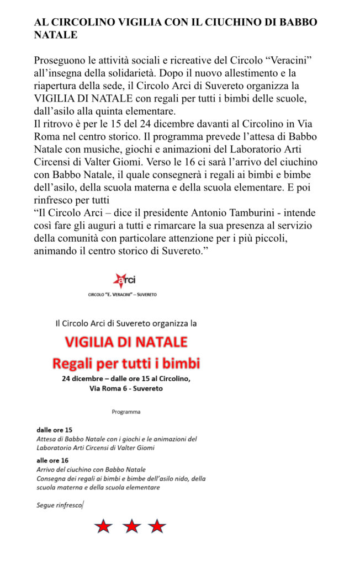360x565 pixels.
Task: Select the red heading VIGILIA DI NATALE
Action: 126,342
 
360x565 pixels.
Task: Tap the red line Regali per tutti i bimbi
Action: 126,364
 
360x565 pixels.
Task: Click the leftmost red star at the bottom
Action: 103,526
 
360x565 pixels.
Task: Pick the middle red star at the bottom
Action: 131,526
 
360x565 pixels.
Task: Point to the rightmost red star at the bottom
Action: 157,526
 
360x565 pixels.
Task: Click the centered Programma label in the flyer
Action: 126,412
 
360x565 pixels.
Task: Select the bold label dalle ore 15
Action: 54,429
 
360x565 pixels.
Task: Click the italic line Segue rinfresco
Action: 59,505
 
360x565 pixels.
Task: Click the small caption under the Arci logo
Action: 122,295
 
